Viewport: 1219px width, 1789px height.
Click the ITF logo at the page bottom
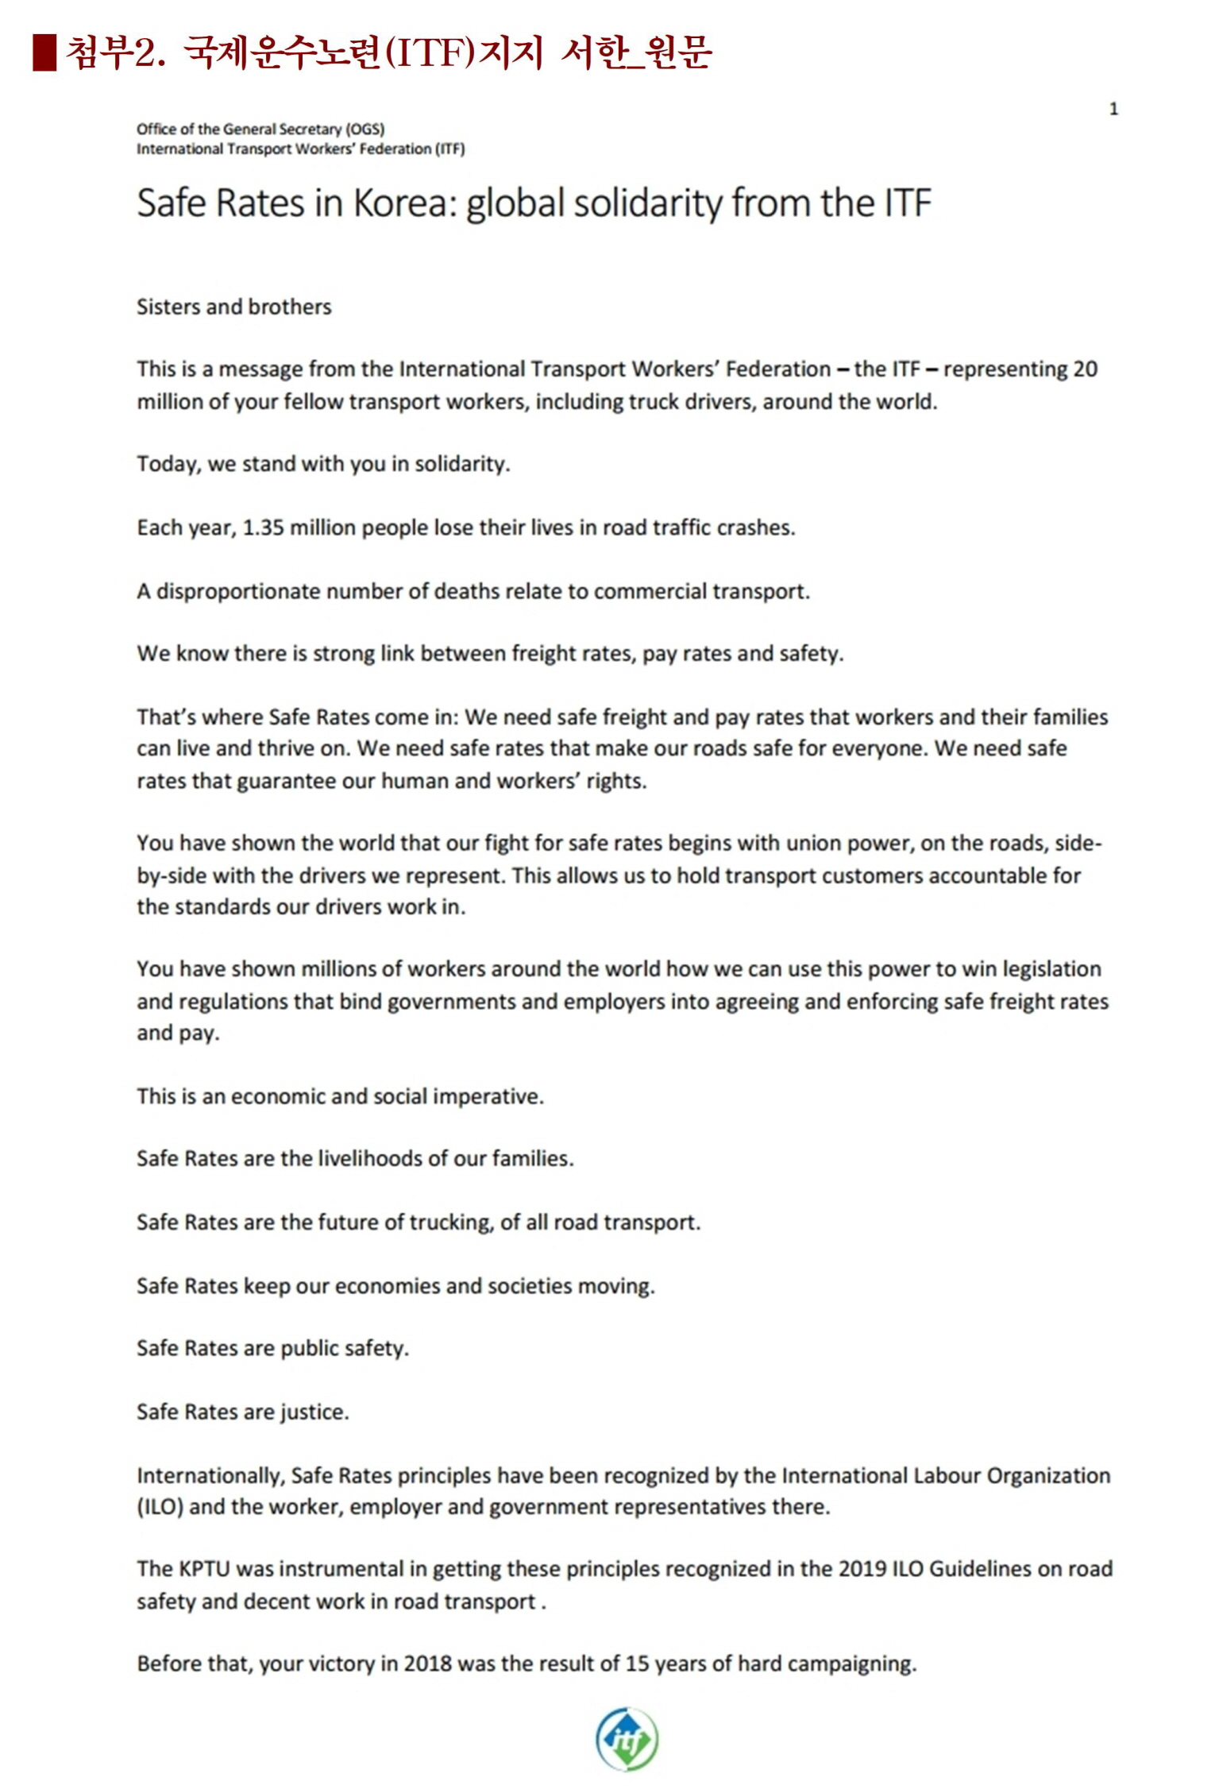point(627,1739)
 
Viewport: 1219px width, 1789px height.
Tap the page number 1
point(1113,109)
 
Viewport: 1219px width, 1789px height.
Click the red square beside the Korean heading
point(44,53)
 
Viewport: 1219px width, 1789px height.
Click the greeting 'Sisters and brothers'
point(233,307)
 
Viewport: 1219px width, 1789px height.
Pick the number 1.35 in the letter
point(263,527)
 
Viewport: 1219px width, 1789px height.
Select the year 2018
point(427,1663)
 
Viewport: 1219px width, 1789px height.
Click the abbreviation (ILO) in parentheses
point(160,1507)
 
